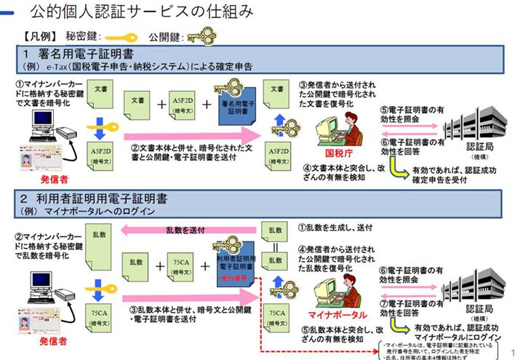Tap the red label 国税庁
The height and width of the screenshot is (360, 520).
339,155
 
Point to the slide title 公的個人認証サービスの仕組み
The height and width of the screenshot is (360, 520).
142,12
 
